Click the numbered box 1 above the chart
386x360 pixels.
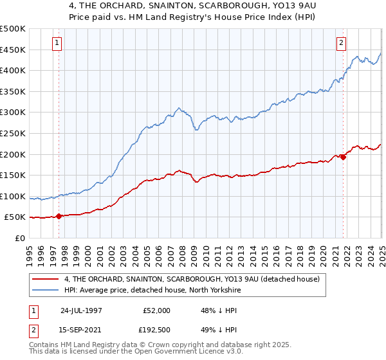[x=57, y=43]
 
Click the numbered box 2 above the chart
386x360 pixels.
[x=341, y=43]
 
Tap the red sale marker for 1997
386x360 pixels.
[x=59, y=216]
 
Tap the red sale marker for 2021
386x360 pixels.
[x=343, y=156]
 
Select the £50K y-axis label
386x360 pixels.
[x=15, y=218]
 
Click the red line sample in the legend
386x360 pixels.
[x=45, y=279]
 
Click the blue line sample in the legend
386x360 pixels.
[x=45, y=290]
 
